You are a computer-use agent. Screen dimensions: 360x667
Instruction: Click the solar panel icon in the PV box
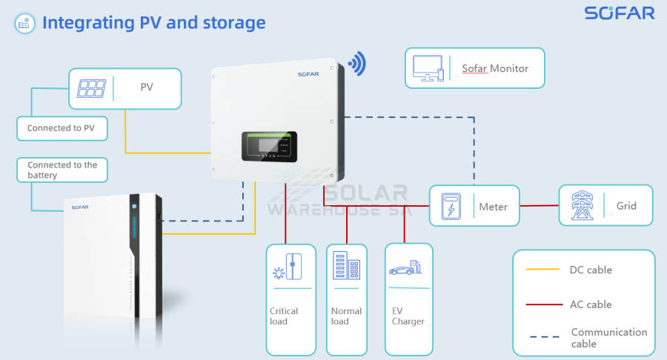coord(91,89)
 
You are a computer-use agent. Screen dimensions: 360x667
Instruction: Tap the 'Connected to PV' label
coord(61,128)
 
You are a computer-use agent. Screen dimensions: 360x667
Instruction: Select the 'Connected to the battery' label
coord(62,170)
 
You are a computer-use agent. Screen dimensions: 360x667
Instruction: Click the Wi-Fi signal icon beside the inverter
coord(357,64)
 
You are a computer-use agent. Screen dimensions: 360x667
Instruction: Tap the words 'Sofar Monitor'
coord(495,68)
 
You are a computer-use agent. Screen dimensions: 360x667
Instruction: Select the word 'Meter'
coord(493,207)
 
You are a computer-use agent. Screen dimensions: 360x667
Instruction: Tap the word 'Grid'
coord(626,205)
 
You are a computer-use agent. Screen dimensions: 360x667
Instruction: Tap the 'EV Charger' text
coord(408,316)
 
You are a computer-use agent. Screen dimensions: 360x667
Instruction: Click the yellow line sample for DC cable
coord(542,270)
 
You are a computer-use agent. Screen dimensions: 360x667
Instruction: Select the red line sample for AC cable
coord(542,304)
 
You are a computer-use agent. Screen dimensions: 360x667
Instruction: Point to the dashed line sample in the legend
coord(542,338)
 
